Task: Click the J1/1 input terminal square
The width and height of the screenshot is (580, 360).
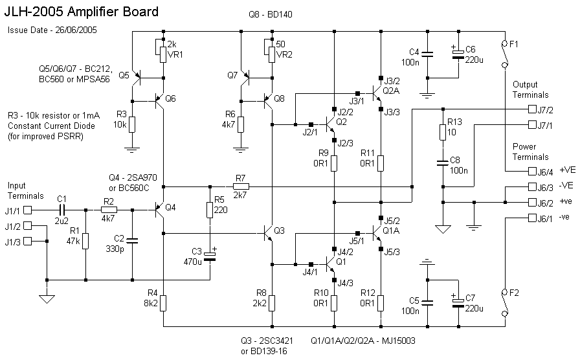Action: [x=36, y=210]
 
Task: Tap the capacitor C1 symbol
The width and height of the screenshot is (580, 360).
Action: [x=61, y=210]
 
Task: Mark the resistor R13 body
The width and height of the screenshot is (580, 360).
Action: [x=443, y=132]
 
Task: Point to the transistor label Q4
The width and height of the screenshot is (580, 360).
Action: [x=170, y=208]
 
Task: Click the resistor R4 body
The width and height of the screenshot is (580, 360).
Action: [x=163, y=303]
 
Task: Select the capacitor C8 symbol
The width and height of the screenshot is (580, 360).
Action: [x=443, y=164]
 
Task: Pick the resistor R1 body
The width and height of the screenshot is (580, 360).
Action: [x=85, y=242]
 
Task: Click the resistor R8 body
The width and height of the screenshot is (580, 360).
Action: [x=272, y=303]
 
